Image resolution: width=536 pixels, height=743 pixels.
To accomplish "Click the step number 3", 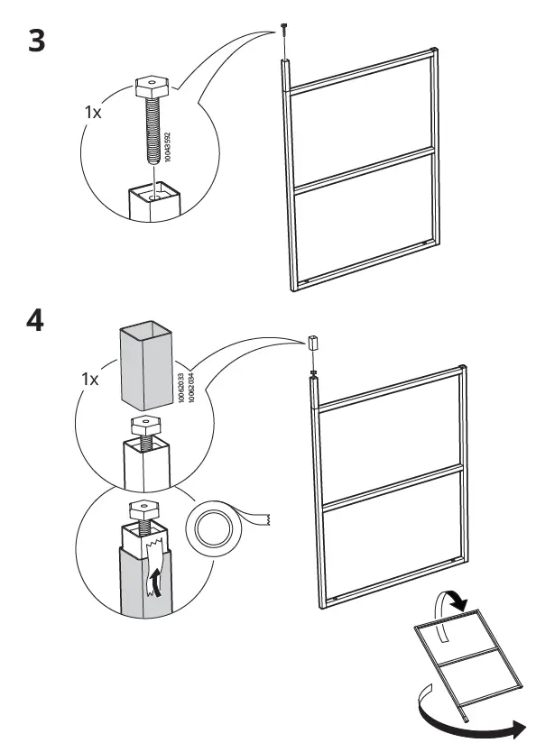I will [x=36, y=41].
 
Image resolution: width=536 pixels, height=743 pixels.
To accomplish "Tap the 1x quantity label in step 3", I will [x=93, y=113].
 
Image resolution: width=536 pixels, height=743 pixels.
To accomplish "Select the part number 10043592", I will [x=167, y=145].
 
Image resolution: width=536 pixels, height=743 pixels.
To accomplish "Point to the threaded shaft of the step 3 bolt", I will [x=150, y=134].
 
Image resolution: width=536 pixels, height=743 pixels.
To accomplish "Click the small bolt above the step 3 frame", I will [x=283, y=29].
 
